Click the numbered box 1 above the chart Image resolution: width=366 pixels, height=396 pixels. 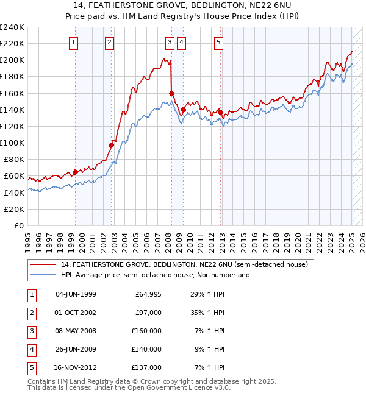click(x=73, y=42)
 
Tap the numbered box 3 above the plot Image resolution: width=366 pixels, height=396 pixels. click(x=169, y=42)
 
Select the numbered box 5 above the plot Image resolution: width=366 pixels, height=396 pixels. click(x=218, y=42)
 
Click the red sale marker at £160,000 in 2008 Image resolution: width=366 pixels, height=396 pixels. click(x=171, y=93)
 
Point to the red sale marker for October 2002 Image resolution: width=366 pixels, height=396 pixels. click(x=111, y=145)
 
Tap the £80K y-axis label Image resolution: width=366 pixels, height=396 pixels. click(x=14, y=159)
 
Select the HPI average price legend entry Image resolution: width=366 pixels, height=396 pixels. click(x=155, y=275)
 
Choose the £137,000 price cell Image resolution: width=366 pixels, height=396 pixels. click(x=148, y=367)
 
